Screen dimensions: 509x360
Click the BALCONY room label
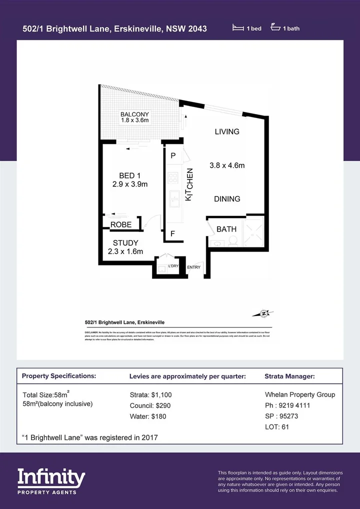[134, 114]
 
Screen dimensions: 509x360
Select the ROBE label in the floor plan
[121, 224]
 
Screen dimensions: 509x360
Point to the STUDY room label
[125, 243]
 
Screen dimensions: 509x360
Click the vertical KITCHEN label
[189, 184]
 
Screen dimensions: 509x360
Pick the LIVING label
[227, 132]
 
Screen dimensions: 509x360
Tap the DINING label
[227, 198]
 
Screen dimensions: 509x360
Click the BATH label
[226, 229]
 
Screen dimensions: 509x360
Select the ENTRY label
[193, 267]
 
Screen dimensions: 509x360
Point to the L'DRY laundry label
[173, 266]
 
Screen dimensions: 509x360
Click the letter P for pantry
[173, 155]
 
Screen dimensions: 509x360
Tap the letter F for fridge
[172, 233]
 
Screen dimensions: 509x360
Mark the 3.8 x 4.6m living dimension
[227, 165]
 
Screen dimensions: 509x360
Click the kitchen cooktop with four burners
[173, 177]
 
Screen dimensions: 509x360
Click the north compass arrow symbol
[264, 314]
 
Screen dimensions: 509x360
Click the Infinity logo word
[51, 478]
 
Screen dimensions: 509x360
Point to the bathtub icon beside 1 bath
[275, 28]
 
